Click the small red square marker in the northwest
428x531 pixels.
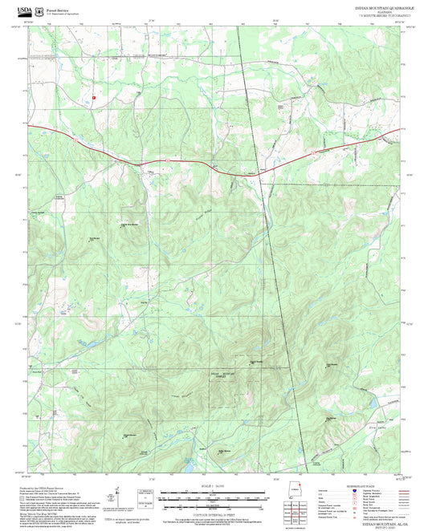click(x=94, y=96)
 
